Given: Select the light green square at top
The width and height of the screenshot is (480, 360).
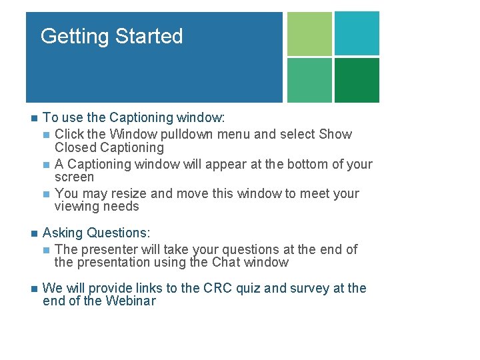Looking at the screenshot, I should click(309, 33).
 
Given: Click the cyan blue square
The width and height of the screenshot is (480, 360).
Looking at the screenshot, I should click(357, 33).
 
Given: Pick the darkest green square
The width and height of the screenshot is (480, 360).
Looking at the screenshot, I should click(357, 80).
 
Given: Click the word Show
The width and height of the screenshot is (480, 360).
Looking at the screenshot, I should click(335, 134).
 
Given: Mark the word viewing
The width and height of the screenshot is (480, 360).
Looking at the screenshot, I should click(77, 207).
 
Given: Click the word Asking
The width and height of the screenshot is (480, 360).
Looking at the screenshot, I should click(63, 233).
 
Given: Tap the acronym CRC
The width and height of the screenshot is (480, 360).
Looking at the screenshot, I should click(218, 288).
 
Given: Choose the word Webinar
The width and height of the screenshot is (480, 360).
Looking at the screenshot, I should click(131, 301).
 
